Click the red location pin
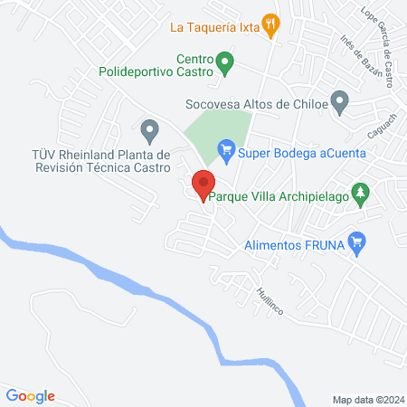203,185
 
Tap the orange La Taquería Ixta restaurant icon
269,24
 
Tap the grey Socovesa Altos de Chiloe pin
339,102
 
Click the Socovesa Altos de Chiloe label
255,104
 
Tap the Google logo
31,395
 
